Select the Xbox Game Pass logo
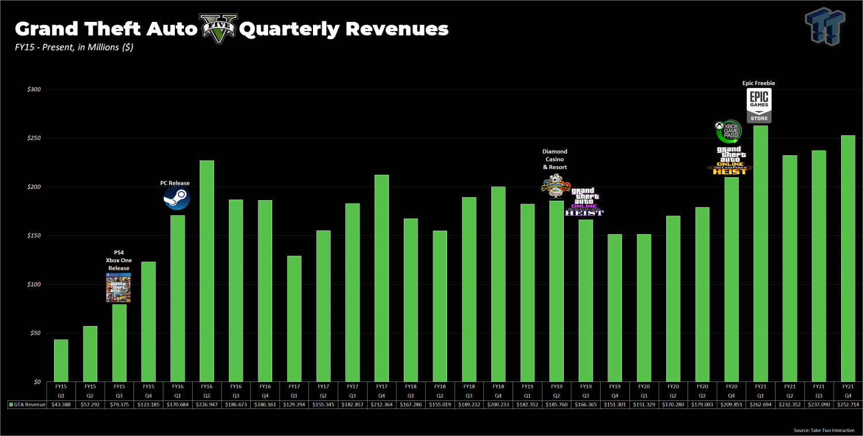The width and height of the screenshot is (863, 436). [x=728, y=132]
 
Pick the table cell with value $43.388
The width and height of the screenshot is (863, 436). [x=61, y=404]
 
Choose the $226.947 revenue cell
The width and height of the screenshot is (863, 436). [x=207, y=404]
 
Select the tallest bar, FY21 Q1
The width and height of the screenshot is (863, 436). [x=761, y=253]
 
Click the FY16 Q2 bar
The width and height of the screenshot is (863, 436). [x=207, y=270]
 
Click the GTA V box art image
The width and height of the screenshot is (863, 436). [x=118, y=288]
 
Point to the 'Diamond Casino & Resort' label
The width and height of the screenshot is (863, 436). [x=555, y=159]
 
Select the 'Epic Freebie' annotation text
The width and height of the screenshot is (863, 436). [x=759, y=83]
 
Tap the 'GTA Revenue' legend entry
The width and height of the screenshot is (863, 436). [x=27, y=404]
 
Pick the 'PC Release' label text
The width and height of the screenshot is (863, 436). [x=175, y=183]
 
